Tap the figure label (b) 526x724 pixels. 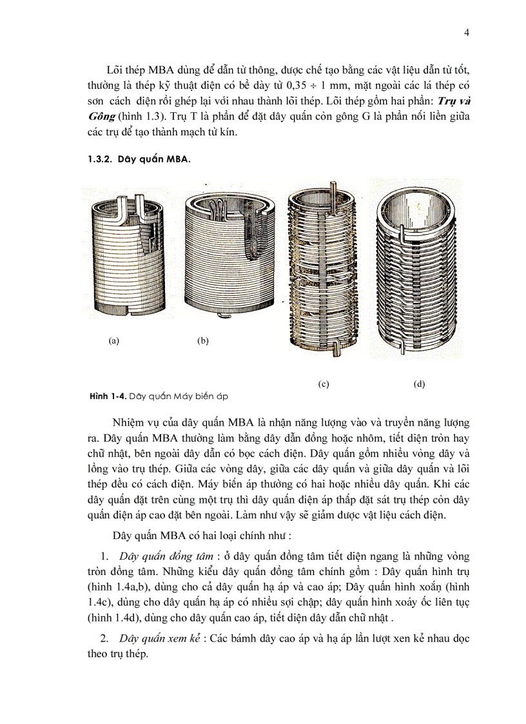point(202,341)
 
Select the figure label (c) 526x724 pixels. point(324,384)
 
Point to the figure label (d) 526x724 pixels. point(420,384)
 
